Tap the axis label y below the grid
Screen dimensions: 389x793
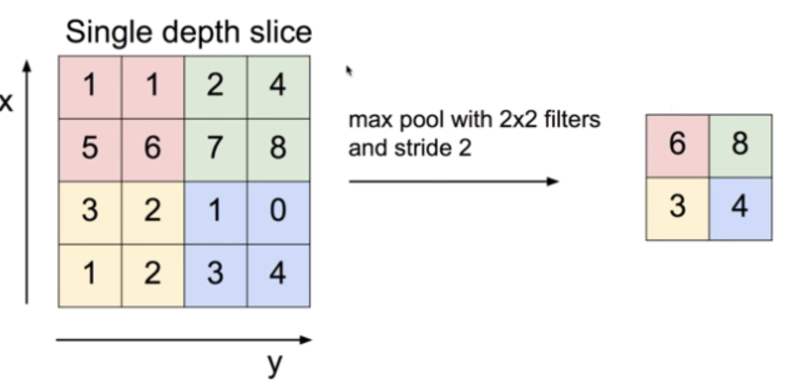click(x=274, y=363)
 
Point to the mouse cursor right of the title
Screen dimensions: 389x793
click(x=349, y=71)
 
